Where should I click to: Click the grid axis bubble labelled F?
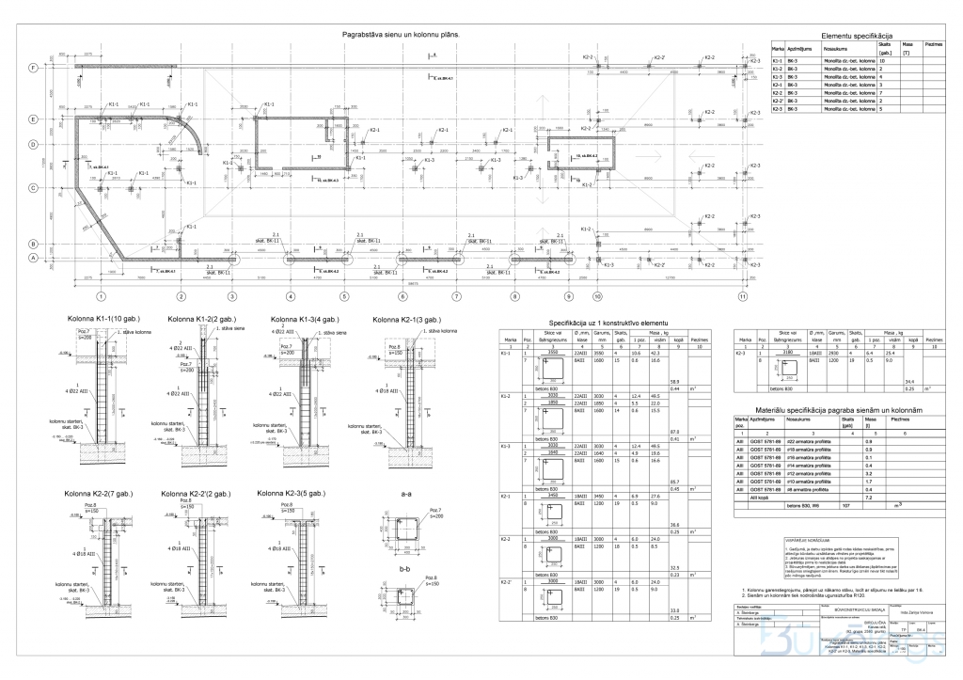tap(32, 68)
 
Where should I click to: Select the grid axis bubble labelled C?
tap(32, 188)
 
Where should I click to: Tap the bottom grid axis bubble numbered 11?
tap(742, 296)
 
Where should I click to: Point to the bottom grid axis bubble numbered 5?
tap(344, 296)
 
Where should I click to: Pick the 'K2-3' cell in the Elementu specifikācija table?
tap(778, 109)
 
